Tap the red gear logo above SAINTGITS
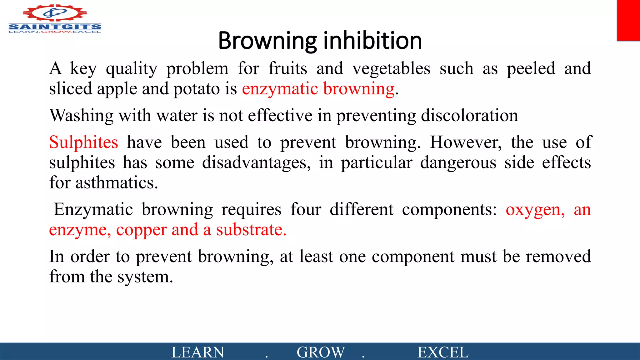[x=55, y=13]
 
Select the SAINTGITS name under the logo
[x=55, y=27]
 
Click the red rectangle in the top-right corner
[x=628, y=20]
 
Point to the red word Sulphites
[x=84, y=142]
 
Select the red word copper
[x=141, y=230]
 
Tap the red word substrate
[x=251, y=230]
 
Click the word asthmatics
[x=116, y=183]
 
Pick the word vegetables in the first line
[x=391, y=69]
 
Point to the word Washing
[x=81, y=116]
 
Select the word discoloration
[x=469, y=116]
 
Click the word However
[x=466, y=142]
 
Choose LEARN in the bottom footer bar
[x=198, y=352]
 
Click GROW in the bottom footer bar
[x=321, y=352]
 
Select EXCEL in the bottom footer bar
[x=443, y=352]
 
